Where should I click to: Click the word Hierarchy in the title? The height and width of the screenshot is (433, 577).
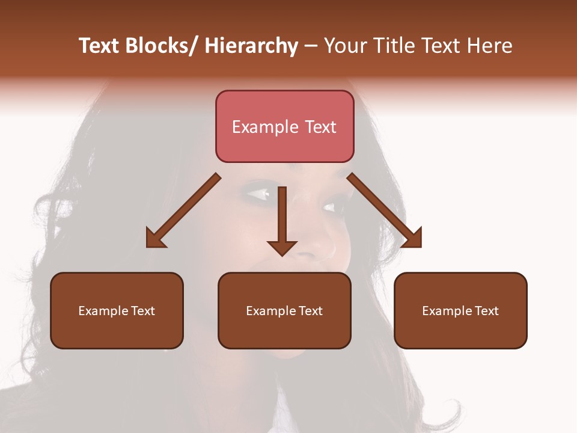click(x=251, y=46)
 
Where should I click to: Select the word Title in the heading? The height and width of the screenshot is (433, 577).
click(x=391, y=46)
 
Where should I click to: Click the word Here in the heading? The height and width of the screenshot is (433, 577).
click(x=489, y=46)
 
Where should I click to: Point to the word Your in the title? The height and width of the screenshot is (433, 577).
click(x=346, y=46)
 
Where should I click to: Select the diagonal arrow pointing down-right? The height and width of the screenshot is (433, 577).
click(x=384, y=210)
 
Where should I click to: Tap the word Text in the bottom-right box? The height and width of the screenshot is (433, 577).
click(x=486, y=311)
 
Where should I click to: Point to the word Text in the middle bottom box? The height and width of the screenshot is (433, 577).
click(x=310, y=311)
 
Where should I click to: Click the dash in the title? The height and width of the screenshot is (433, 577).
click(x=311, y=46)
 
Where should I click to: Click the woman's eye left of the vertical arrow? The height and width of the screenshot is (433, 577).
click(x=258, y=194)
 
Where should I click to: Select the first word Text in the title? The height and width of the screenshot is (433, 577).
click(x=99, y=46)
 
